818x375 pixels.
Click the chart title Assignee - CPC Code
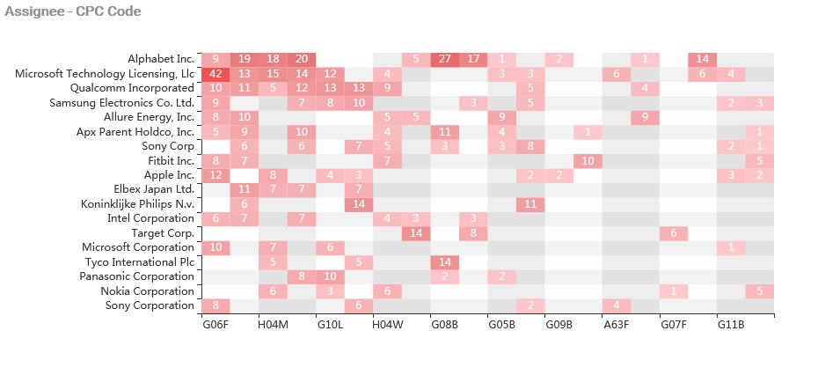click(x=72, y=11)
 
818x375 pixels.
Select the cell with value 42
click(x=215, y=74)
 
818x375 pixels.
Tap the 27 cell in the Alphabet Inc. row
click(x=444, y=59)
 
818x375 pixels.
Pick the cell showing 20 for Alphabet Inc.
click(x=302, y=59)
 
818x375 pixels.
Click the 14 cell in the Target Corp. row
click(x=416, y=233)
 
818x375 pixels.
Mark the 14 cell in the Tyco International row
click(x=444, y=262)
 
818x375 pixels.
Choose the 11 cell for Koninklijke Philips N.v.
click(x=530, y=204)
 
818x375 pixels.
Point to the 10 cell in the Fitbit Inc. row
click(x=588, y=160)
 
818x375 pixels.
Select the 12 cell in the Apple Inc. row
click(x=215, y=175)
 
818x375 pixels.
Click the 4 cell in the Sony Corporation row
click(x=617, y=305)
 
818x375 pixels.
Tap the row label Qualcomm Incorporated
click(x=132, y=88)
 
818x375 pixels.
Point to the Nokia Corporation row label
click(x=147, y=291)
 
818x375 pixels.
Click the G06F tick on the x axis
click(x=215, y=325)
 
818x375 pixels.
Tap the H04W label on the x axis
click(x=387, y=325)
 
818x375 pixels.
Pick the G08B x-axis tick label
click(x=444, y=325)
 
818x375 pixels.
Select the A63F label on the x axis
click(x=617, y=325)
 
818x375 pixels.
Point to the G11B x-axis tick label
click(x=731, y=325)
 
